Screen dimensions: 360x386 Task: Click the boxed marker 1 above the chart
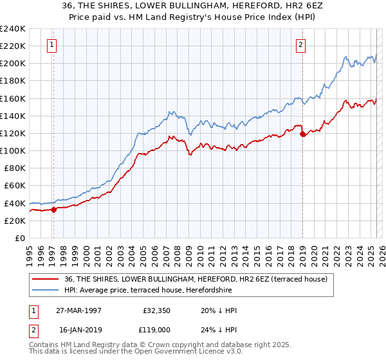51,44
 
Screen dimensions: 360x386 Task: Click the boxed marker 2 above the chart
300,44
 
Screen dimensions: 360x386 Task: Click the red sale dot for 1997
54,209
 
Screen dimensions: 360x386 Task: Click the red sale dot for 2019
303,134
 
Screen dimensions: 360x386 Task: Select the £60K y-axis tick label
15,186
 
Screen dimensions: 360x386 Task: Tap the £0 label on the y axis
21,238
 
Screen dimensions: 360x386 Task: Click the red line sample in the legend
46,279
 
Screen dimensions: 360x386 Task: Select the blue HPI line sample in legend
46,290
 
